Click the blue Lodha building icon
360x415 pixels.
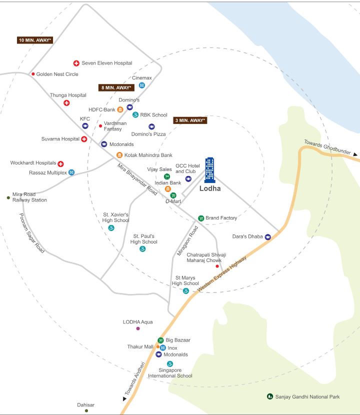pyautogui.click(x=209, y=170)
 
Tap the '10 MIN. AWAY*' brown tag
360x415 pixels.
pyautogui.click(x=35, y=40)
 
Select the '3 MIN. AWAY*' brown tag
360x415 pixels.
pyautogui.click(x=189, y=120)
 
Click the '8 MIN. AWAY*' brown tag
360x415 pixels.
pyautogui.click(x=116, y=87)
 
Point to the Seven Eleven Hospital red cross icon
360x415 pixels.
pyautogui.click(x=76, y=63)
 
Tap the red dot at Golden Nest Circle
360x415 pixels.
pyautogui.click(x=33, y=74)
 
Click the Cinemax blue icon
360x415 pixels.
pyautogui.click(x=142, y=85)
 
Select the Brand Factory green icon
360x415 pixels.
pyautogui.click(x=201, y=218)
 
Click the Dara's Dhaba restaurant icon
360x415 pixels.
pyautogui.click(x=268, y=236)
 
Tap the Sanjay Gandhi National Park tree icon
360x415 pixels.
pyautogui.click(x=270, y=396)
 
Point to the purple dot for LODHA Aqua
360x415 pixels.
pyautogui.click(x=138, y=328)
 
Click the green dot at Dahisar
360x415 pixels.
pyautogui.click(x=86, y=410)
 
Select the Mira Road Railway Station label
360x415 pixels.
pyautogui.click(x=29, y=197)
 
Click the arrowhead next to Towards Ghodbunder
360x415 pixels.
pyautogui.click(x=355, y=155)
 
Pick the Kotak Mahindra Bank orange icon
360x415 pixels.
pyautogui.click(x=119, y=155)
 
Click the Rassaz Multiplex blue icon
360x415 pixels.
pyautogui.click(x=71, y=172)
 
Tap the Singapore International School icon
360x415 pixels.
pyautogui.click(x=170, y=364)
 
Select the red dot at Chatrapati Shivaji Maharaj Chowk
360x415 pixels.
pyautogui.click(x=217, y=266)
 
